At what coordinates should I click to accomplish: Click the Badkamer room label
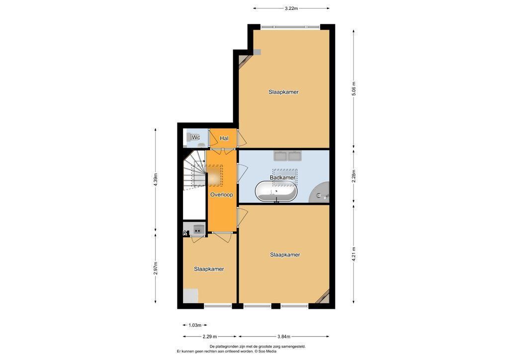(x=282, y=178)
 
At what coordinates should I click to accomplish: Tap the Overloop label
(x=221, y=195)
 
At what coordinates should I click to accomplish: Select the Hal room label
(x=224, y=138)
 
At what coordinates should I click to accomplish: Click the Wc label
(x=196, y=138)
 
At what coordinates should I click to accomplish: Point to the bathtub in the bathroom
(x=276, y=191)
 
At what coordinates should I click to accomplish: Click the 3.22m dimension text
(x=291, y=8)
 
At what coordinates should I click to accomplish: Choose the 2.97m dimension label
(x=156, y=268)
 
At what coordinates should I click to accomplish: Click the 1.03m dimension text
(x=195, y=325)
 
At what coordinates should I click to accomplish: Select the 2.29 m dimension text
(x=210, y=337)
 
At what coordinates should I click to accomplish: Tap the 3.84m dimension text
(x=284, y=337)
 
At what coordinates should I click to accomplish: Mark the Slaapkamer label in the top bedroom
(x=283, y=92)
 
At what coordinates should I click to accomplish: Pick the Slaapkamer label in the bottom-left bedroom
(x=209, y=269)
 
